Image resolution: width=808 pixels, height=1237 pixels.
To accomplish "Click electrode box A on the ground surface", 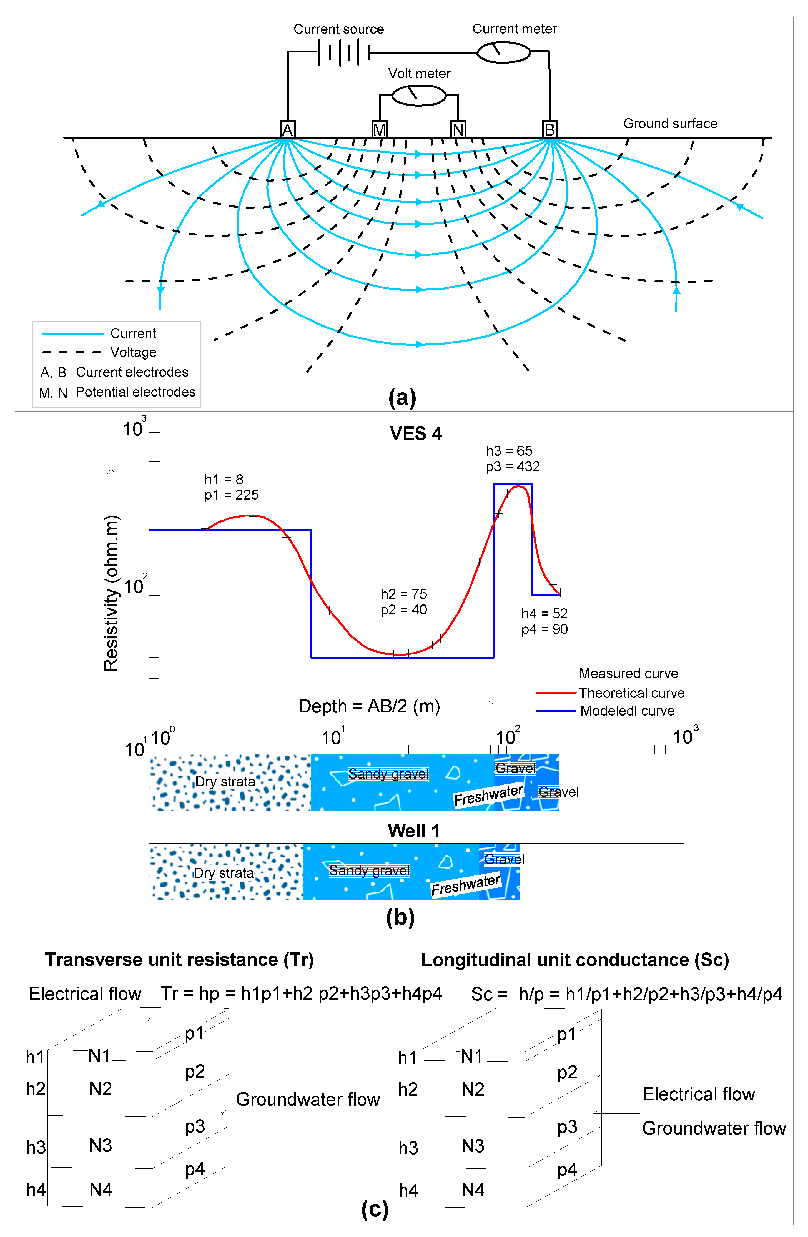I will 287,129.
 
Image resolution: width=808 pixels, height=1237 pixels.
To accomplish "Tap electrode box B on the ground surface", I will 549,129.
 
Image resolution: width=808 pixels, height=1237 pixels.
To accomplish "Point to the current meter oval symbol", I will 503,52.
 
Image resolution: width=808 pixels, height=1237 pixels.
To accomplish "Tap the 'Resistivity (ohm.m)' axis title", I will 111,593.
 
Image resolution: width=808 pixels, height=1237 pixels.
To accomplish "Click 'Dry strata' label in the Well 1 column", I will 224,873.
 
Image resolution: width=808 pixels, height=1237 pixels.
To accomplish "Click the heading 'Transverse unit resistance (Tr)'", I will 179,959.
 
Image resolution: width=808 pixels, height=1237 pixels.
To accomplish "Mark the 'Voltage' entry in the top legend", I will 133,352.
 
